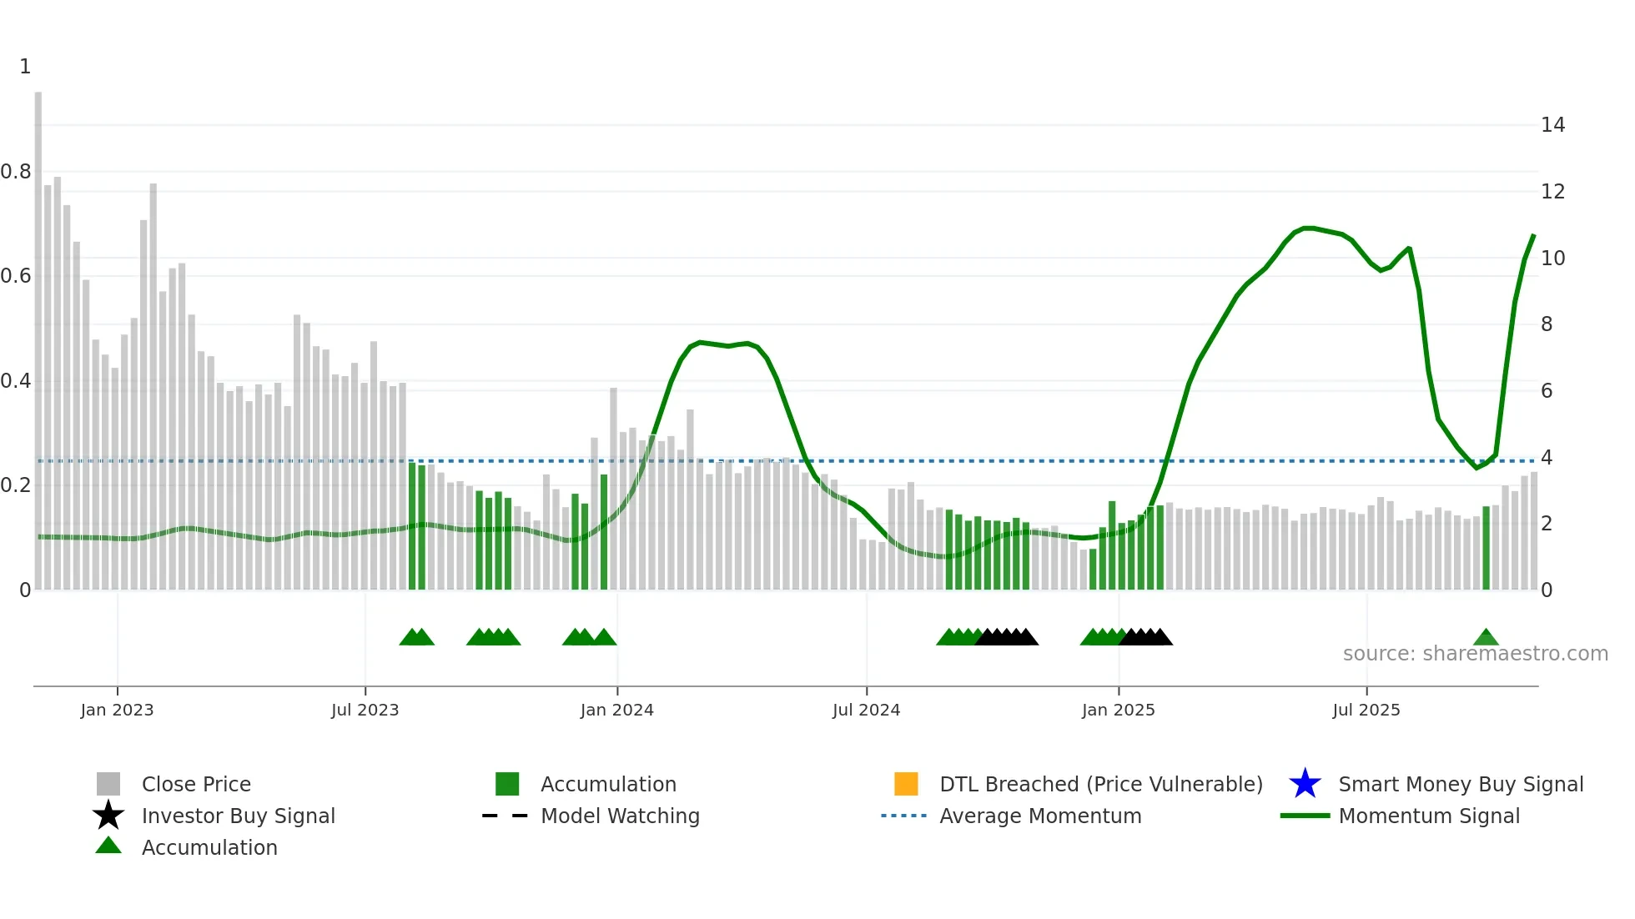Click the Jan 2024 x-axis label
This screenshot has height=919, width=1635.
[616, 710]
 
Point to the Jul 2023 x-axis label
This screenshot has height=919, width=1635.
[365, 710]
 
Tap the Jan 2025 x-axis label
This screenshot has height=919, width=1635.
[1118, 710]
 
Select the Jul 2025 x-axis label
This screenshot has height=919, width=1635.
[1366, 710]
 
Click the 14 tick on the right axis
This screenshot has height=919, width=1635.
[1552, 125]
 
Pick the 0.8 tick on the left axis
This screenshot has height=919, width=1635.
[16, 172]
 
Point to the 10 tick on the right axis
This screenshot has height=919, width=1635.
[1552, 259]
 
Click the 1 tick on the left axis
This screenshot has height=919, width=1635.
[25, 67]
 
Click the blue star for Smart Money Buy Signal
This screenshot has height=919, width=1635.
[1305, 784]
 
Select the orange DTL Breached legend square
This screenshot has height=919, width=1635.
[906, 784]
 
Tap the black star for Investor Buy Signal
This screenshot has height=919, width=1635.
[108, 816]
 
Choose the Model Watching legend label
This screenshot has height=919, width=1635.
[620, 816]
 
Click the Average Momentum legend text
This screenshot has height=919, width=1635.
[1040, 816]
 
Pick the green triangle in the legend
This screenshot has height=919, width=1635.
[108, 846]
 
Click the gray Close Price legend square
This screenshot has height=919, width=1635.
[108, 784]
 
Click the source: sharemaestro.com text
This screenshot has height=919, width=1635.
[1475, 654]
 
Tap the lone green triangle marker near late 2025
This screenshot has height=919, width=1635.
[1486, 638]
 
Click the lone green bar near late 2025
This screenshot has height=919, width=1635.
[1486, 548]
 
